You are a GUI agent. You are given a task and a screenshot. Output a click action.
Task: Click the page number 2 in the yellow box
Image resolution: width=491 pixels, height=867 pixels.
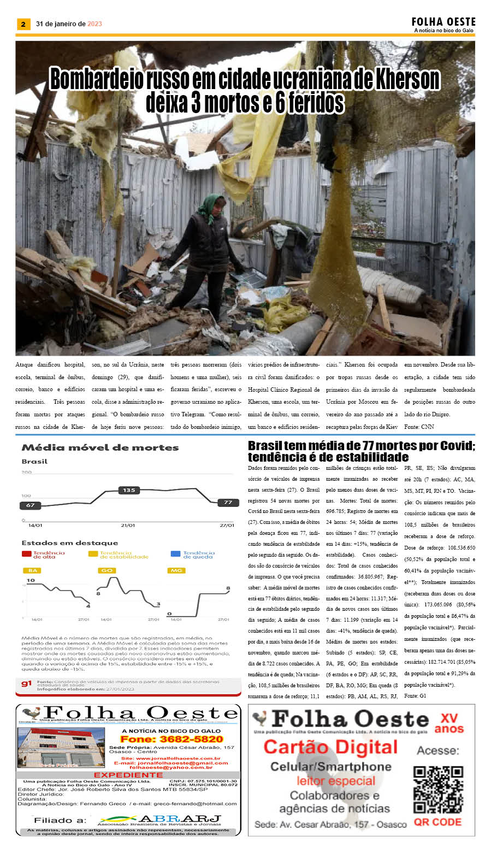point(23,24)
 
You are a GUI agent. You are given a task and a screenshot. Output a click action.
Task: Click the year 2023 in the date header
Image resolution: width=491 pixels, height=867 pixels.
point(94,24)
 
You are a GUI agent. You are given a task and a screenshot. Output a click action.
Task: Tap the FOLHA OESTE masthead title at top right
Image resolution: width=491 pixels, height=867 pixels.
point(443,22)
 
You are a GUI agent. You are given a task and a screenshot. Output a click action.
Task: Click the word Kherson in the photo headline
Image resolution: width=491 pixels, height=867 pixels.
point(407,80)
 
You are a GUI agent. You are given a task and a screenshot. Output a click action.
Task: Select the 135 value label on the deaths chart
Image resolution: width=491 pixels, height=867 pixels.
point(129,490)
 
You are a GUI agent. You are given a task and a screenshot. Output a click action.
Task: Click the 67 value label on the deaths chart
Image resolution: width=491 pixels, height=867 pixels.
point(31,505)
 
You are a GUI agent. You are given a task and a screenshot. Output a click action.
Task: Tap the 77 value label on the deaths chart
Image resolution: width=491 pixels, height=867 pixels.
point(228,502)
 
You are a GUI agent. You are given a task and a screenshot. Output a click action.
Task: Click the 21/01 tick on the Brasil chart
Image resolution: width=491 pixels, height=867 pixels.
point(128,525)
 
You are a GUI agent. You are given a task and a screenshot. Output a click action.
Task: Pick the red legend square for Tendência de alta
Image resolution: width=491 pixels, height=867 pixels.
point(26,554)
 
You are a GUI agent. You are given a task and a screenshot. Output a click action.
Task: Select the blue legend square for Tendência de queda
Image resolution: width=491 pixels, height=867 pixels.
point(175,554)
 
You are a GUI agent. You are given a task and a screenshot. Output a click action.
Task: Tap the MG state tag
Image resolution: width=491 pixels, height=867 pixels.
point(176,570)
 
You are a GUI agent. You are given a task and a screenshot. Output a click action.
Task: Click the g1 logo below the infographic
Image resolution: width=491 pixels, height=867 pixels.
point(26,683)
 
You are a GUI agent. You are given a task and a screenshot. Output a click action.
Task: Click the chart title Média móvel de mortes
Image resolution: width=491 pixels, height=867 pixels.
point(100,447)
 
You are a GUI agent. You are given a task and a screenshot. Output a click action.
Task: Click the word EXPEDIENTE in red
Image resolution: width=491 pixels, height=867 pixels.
point(128,775)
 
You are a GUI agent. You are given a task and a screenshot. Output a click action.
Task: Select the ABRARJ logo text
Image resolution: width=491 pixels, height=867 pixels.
point(180,819)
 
